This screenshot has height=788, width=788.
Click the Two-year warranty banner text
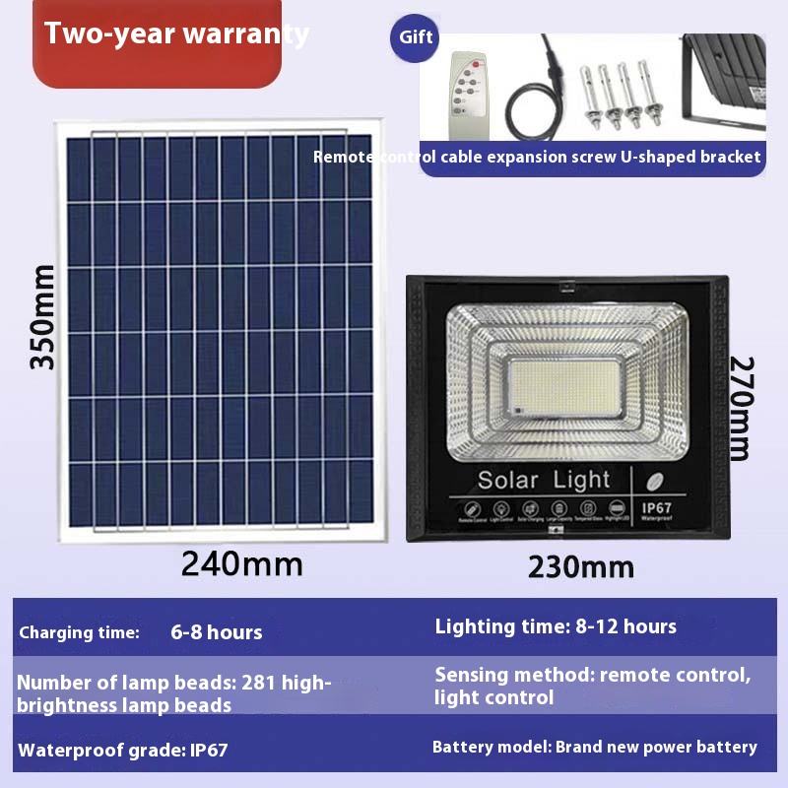pyautogui.click(x=176, y=34)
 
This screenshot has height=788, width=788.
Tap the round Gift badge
pyautogui.click(x=416, y=37)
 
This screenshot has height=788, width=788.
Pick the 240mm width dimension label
pyautogui.click(x=241, y=563)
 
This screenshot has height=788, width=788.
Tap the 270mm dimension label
pyautogui.click(x=740, y=408)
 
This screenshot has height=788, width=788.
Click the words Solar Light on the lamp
pyautogui.click(x=544, y=481)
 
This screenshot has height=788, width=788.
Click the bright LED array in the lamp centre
pyautogui.click(x=566, y=386)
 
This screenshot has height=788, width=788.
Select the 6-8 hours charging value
pyautogui.click(x=217, y=632)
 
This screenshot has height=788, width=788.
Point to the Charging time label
pyautogui.click(x=79, y=632)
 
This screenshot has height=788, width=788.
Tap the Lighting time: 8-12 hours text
pyautogui.click(x=556, y=625)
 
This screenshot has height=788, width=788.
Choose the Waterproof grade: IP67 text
pyautogui.click(x=123, y=750)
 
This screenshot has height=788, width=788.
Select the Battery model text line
pyautogui.click(x=595, y=747)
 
